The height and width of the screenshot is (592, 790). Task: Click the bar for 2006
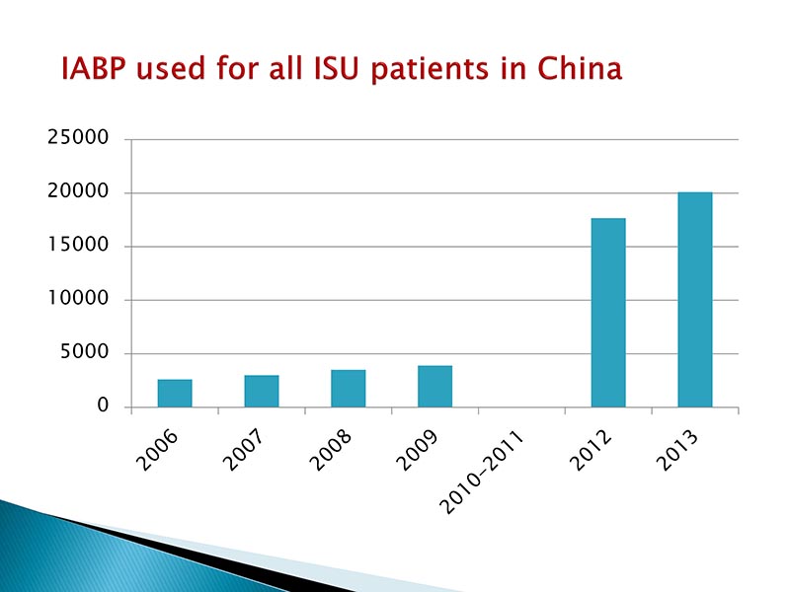tap(175, 393)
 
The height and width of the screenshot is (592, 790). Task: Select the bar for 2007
tap(262, 391)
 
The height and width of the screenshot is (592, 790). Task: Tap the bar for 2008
tap(348, 388)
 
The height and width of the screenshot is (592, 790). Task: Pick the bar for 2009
tap(434, 386)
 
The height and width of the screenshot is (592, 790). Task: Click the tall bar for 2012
tap(608, 312)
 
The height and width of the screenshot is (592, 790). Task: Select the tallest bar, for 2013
tap(694, 299)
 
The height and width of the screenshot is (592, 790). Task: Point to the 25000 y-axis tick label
tap(78, 139)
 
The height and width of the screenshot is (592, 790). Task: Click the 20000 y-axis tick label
tap(78, 192)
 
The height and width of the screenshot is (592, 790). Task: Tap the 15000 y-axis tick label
tap(78, 247)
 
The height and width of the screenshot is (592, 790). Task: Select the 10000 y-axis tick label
tap(78, 300)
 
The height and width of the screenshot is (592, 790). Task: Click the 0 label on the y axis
tap(103, 407)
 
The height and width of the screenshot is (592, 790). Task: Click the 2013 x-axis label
tap(681, 449)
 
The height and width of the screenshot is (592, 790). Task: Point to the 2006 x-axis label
tap(161, 449)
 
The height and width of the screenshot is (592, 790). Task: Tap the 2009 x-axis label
tap(421, 449)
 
